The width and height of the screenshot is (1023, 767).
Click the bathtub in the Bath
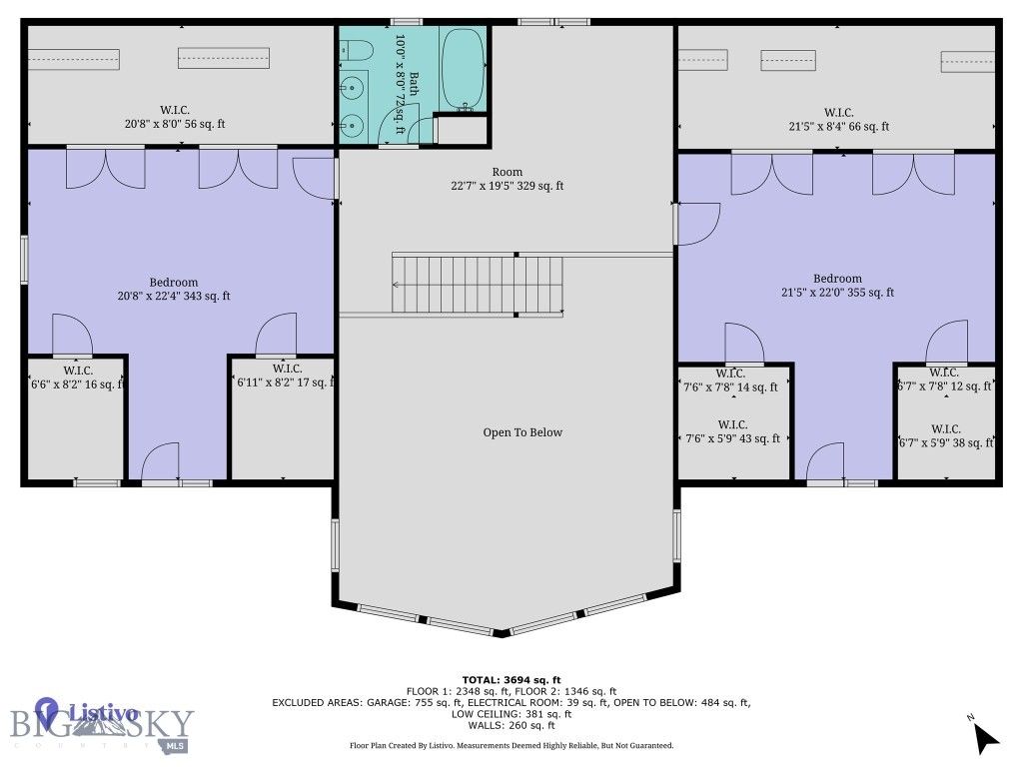click(x=462, y=70)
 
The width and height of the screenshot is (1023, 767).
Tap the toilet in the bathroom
click(x=358, y=50)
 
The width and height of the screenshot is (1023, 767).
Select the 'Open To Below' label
click(x=522, y=432)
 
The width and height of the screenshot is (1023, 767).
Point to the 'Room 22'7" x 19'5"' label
click(x=507, y=179)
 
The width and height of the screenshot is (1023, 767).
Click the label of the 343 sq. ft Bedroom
click(x=174, y=289)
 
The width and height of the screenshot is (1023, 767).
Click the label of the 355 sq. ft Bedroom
click(x=837, y=286)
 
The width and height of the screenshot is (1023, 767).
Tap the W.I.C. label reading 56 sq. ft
click(x=175, y=117)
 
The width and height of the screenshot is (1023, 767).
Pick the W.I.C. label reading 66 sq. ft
click(x=837, y=120)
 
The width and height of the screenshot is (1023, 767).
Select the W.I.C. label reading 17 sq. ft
click(x=282, y=377)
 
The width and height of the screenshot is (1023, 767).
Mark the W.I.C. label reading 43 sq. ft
click(x=732, y=431)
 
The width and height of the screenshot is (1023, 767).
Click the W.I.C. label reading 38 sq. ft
click(x=944, y=435)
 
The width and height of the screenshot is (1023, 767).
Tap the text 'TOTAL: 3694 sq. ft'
click(x=511, y=679)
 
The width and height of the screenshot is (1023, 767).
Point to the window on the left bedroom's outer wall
click(x=25, y=261)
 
